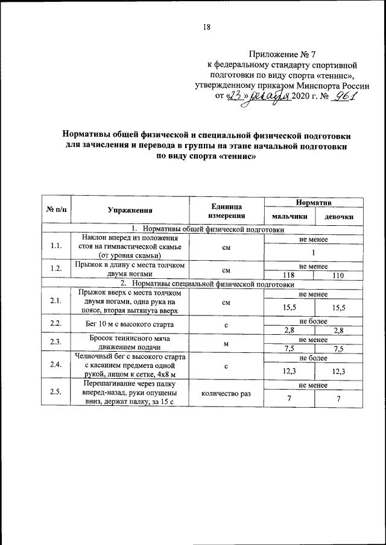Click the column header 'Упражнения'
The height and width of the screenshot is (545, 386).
pyautogui.click(x=130, y=210)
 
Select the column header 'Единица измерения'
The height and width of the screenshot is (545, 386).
pyautogui.click(x=226, y=210)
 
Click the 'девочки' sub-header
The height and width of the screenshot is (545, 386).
pyautogui.click(x=338, y=216)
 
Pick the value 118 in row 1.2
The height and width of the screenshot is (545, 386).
pyautogui.click(x=289, y=275)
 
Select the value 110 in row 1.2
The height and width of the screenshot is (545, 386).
pyautogui.click(x=338, y=275)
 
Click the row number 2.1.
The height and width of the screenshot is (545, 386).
pyautogui.click(x=56, y=301)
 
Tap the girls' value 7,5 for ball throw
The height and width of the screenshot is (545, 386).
pyautogui.click(x=338, y=349)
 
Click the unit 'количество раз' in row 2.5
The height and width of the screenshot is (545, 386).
pyautogui.click(x=226, y=394)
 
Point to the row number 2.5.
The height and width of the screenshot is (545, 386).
pyautogui.click(x=56, y=394)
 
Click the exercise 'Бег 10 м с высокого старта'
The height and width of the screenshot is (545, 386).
pyautogui.click(x=130, y=324)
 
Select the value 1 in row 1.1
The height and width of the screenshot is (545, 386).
pyautogui.click(x=314, y=252)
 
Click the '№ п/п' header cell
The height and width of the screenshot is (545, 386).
pyautogui.click(x=56, y=210)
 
